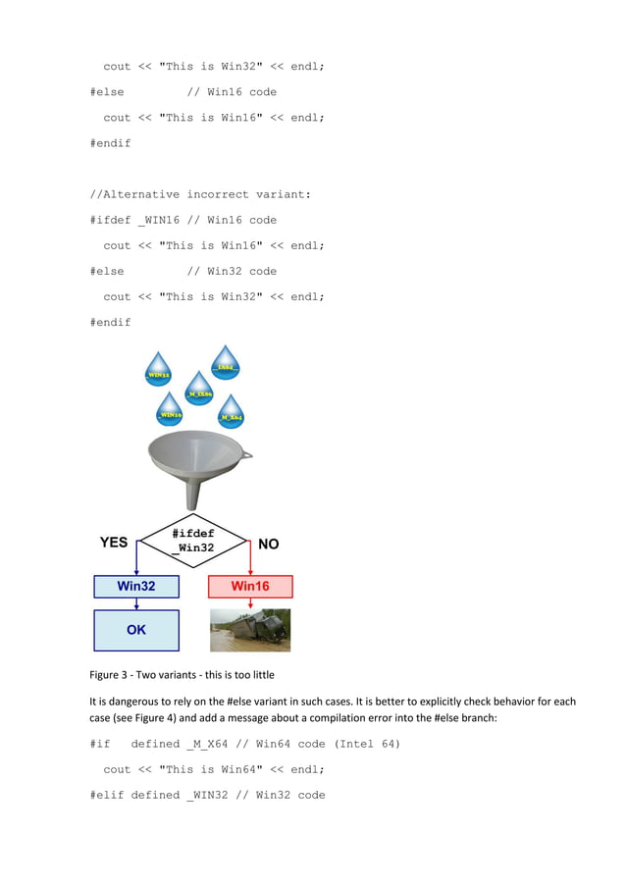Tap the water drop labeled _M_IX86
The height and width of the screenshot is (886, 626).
coord(198,391)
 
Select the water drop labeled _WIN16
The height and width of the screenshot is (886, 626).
coord(170,411)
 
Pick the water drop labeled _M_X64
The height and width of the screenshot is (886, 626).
coord(231,414)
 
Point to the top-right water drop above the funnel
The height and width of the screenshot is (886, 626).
coord(226,364)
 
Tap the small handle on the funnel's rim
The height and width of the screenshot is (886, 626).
coord(245,454)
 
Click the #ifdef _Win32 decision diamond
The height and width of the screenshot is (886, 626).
coord(193,541)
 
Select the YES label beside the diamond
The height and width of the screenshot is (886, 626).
coord(113,543)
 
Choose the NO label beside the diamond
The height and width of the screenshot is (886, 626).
coord(268,544)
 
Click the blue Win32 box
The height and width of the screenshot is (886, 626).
coord(136,586)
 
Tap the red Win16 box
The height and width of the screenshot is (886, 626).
coord(250,586)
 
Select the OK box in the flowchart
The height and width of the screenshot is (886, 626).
coord(136,630)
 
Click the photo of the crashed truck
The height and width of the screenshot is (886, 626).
coord(250,630)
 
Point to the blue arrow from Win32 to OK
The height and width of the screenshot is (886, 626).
coord(136,603)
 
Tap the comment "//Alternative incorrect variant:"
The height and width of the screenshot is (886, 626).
coord(199,194)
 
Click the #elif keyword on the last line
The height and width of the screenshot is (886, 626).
coord(106,795)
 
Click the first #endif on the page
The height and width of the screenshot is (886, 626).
coord(110,143)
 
